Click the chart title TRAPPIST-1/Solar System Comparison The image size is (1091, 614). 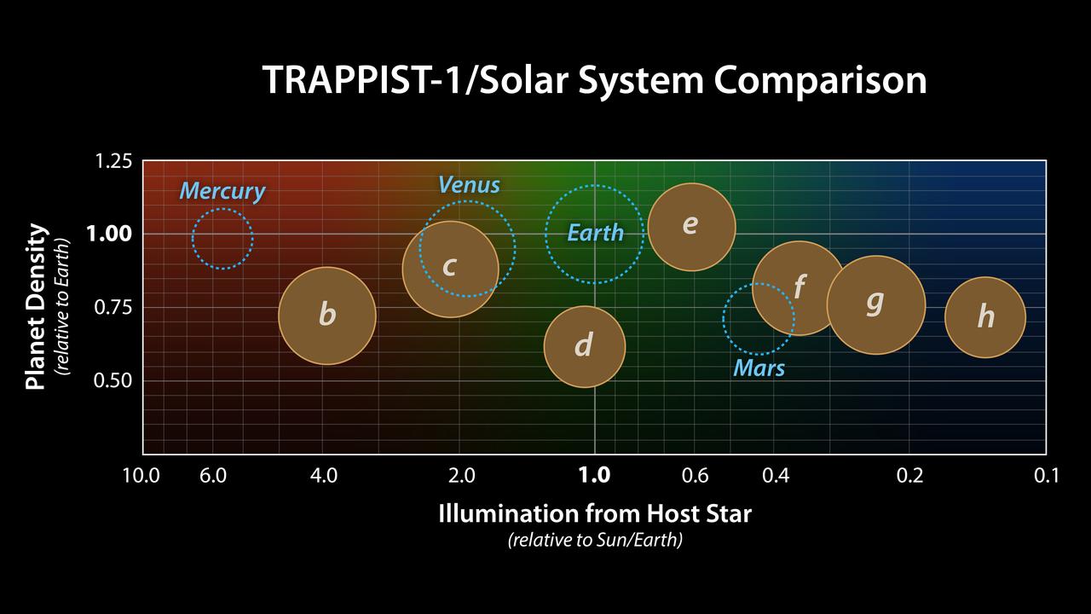[x=594, y=81]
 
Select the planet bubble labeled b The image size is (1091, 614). [x=327, y=316]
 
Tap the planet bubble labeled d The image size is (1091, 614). [x=584, y=346]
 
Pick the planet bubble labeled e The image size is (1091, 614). [x=691, y=227]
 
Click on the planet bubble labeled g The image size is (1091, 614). [x=875, y=304]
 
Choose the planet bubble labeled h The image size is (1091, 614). [x=985, y=317]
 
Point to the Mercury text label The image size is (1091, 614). [x=222, y=191]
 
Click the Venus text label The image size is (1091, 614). [x=469, y=184]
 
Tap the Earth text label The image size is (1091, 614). [x=596, y=233]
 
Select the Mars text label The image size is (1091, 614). [x=759, y=368]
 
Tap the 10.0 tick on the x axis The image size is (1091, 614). [x=141, y=475]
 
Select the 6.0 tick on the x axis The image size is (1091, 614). [x=213, y=475]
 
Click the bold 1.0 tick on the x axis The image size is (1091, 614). [x=594, y=475]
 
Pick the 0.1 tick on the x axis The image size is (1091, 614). [x=1045, y=475]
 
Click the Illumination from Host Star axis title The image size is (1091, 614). [x=594, y=513]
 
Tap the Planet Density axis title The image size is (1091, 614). [x=35, y=307]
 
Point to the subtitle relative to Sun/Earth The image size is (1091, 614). [x=594, y=541]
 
